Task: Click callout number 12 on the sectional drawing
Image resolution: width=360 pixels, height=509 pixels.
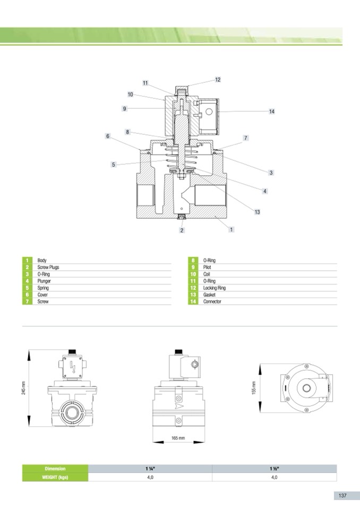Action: (218, 80)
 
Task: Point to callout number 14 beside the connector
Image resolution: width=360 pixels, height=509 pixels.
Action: (271, 111)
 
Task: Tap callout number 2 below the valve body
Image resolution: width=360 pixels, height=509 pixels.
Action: (182, 230)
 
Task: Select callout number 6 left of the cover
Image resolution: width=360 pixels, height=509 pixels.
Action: (107, 136)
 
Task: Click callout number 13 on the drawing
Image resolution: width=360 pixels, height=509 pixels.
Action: (257, 212)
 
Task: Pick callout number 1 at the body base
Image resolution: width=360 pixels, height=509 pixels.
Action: (232, 229)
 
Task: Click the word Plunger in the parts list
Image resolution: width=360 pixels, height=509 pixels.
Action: (44, 281)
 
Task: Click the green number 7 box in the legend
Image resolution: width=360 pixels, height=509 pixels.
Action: (27, 301)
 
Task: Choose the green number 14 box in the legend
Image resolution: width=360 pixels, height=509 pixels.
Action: (193, 301)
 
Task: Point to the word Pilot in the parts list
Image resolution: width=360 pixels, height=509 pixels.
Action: (208, 268)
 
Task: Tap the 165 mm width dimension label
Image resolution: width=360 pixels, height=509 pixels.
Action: (178, 438)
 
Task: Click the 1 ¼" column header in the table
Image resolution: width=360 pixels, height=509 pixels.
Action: (149, 469)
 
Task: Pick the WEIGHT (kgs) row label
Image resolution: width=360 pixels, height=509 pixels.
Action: (55, 477)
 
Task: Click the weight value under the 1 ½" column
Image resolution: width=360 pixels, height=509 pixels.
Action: (274, 477)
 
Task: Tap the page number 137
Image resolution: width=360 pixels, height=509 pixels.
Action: (342, 495)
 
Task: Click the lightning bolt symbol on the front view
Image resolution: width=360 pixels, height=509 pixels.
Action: (73, 367)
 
